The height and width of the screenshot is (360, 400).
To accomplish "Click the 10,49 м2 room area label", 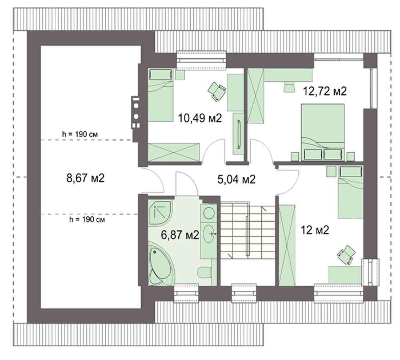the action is pos(200,118).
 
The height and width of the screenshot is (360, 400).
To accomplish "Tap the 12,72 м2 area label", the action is pos(324,91).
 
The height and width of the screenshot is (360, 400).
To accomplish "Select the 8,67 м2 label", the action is pos(86,178).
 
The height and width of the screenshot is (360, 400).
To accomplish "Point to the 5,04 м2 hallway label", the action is pos(236,179).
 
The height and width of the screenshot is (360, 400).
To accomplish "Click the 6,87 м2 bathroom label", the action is pos(180,235).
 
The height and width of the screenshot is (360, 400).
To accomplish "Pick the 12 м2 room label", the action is pos(315,230).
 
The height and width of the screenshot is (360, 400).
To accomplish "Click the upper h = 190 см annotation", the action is pos(80,134).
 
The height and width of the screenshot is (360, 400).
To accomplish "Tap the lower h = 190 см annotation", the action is pos(87,219).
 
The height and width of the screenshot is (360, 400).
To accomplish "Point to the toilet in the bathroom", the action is pos(204,272).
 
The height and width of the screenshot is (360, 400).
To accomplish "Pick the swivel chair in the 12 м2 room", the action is pos(346,254).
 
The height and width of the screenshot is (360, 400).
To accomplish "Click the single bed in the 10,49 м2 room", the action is pos(161,95).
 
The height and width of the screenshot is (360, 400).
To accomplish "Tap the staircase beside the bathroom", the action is pos(248,230).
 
